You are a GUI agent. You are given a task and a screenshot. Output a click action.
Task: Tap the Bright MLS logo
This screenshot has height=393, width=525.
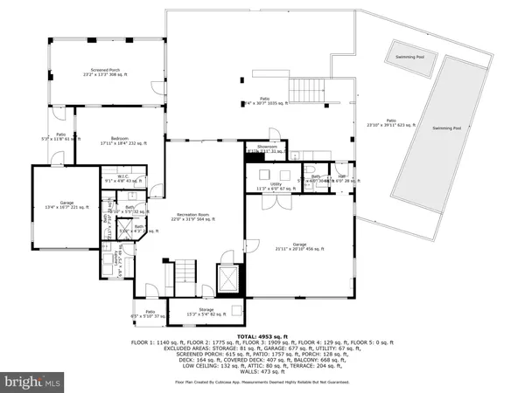[x=31, y=382]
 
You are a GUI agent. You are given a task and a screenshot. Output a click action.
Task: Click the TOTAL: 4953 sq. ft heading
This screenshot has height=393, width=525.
[x=262, y=335]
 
